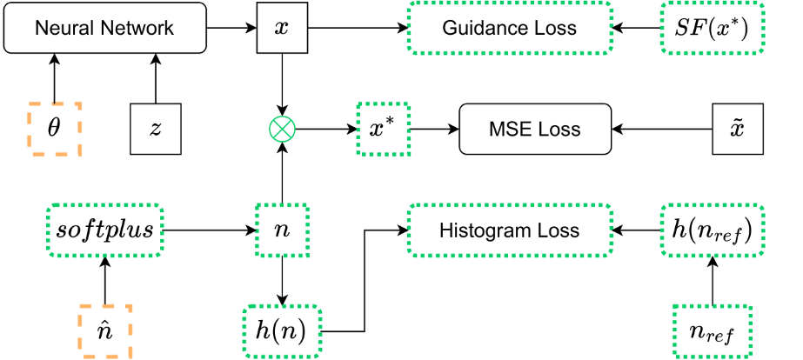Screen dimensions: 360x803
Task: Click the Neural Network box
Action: pos(104,27)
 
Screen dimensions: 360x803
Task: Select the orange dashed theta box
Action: pos(54,130)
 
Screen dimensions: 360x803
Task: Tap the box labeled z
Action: pos(156,130)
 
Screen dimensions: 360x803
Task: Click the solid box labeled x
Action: pos(281,27)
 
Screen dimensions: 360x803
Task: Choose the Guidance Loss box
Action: pos(509,27)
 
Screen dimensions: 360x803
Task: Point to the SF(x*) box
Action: pos(713,27)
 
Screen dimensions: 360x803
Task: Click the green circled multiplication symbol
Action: pos(281,130)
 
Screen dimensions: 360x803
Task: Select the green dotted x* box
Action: pos(383,130)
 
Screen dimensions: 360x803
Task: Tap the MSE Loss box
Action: pos(534,130)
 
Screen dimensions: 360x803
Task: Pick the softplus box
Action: pos(104,231)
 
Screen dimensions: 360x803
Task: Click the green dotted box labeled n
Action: pos(281,231)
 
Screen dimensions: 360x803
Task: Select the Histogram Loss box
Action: pos(509,231)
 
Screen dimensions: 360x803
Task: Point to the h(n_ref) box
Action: pos(713,231)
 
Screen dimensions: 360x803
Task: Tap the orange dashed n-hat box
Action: pos(104,332)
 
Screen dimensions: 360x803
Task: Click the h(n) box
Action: pos(281,332)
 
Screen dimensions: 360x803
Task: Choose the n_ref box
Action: pos(713,332)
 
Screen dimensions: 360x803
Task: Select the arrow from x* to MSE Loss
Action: pos(433,130)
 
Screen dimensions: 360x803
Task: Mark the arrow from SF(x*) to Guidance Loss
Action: pos(637,27)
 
